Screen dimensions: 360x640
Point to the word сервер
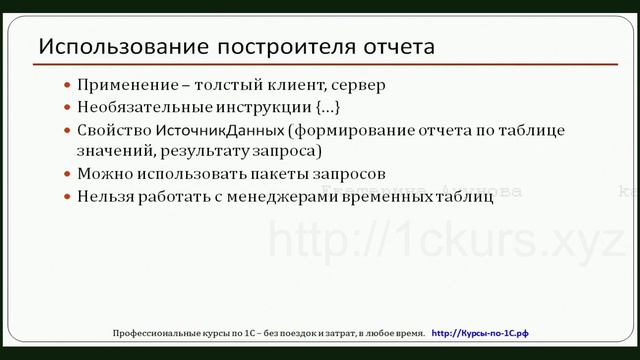(359, 86)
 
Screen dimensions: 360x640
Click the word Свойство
(115, 131)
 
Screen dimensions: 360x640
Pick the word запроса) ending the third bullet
(287, 151)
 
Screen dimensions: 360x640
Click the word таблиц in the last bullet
(466, 196)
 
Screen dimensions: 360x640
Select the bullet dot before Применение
(67, 87)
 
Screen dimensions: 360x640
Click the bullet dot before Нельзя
(67, 197)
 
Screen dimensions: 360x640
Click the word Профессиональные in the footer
(159, 331)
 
